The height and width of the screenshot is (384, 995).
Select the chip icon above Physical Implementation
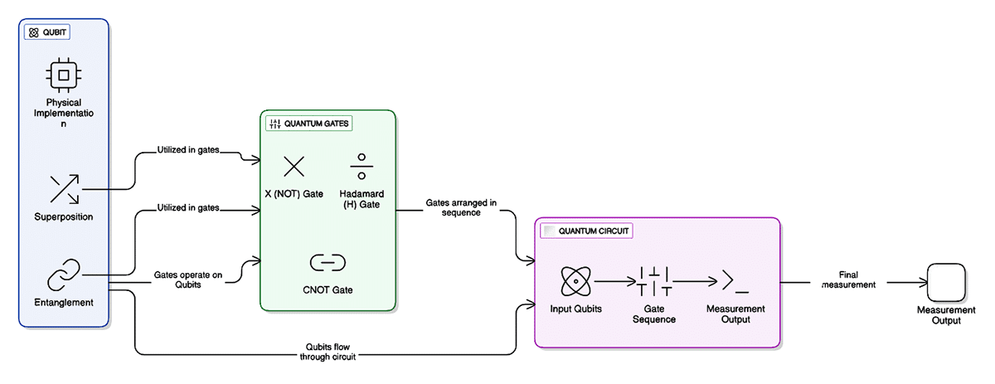[x=63, y=75]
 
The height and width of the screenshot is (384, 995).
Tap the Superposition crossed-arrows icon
[x=63, y=188]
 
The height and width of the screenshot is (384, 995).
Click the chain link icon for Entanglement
[x=63, y=275]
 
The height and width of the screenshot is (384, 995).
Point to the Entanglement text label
[x=64, y=302]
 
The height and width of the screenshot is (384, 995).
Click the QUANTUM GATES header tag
[x=308, y=124]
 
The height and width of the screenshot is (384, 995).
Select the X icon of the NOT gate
[x=294, y=167]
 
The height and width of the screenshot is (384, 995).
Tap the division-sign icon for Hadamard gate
[x=361, y=167]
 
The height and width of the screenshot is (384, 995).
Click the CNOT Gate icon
[x=327, y=263]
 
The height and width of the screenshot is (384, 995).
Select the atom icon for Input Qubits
[x=575, y=282]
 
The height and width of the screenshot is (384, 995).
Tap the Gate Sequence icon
[x=655, y=282]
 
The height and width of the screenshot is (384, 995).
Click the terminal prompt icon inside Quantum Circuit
[x=735, y=282]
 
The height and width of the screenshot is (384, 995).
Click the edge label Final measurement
[x=847, y=279]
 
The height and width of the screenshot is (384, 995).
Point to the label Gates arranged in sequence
[x=461, y=207]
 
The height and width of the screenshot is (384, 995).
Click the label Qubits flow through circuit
[x=330, y=352]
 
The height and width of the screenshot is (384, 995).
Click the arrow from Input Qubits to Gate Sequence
[x=614, y=282]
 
